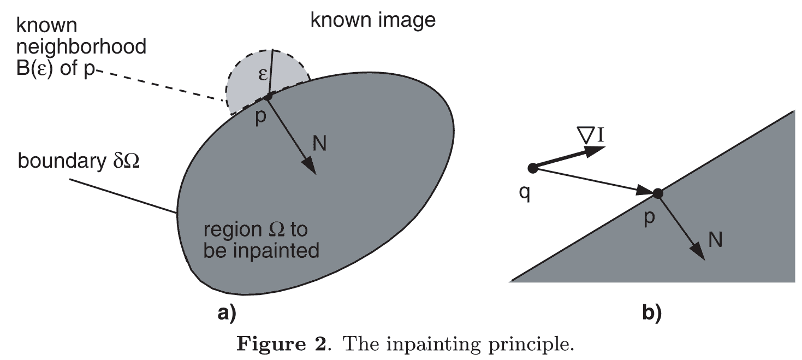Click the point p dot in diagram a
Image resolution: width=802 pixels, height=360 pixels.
[268, 97]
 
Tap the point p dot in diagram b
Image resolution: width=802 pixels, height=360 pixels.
[658, 193]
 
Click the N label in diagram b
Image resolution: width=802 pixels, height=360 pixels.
[716, 240]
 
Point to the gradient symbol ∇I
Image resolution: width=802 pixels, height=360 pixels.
[592, 135]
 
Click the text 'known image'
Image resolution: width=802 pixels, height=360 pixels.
[373, 20]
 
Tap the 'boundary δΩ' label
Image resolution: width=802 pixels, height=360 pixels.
[79, 162]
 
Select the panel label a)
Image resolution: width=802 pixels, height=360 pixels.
[227, 312]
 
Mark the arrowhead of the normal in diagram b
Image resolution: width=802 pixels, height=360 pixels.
[697, 253]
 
